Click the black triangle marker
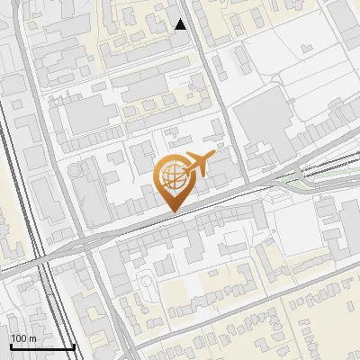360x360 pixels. click(x=181, y=24)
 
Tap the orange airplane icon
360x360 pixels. click(x=198, y=165)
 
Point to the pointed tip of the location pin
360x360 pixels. click(x=171, y=211)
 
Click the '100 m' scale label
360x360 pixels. click(x=23, y=337)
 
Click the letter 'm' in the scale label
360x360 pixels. click(x=32, y=337)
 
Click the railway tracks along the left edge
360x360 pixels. click(x=20, y=180)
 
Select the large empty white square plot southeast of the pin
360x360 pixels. click(x=298, y=224)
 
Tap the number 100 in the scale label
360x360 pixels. click(x=18, y=337)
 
